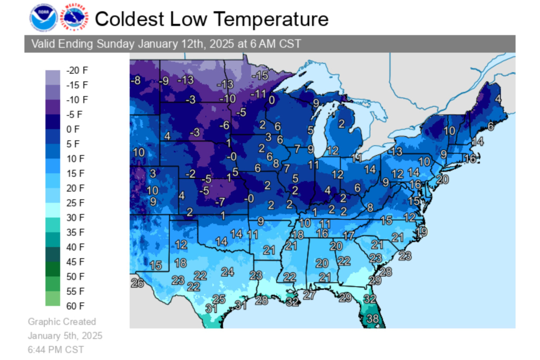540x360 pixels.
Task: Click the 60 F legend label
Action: point(75,306)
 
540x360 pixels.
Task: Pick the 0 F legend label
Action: point(73,129)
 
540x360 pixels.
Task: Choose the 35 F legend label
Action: point(75,232)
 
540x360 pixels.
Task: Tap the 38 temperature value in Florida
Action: point(373,318)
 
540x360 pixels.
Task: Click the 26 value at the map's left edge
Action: point(137,284)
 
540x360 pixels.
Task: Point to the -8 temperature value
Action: point(136,80)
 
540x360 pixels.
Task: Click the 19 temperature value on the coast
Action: point(422,231)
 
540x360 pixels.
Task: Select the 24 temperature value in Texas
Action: point(227,272)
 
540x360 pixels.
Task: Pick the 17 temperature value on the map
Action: point(349,235)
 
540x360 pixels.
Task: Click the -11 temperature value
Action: point(258,94)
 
